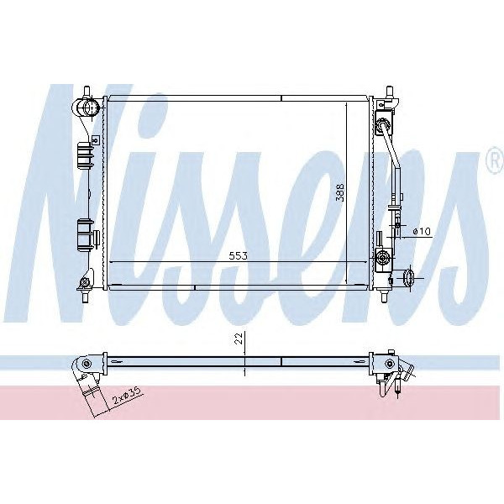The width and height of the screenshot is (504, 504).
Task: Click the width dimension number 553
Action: [238, 255]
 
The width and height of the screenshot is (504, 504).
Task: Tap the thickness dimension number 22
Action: [239, 339]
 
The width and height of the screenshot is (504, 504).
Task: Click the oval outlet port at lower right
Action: [409, 277]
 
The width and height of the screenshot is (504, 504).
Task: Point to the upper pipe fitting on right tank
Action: [385, 126]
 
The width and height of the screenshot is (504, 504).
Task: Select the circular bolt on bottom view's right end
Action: [389, 364]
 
